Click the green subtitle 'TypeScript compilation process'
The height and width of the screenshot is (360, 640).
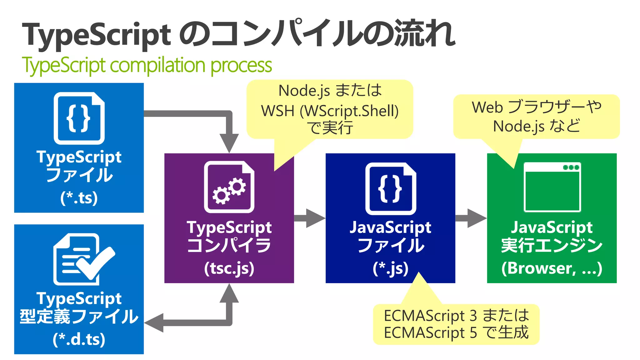(x=147, y=65)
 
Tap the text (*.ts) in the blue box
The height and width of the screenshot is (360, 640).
(x=79, y=198)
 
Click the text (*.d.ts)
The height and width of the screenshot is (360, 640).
(x=79, y=339)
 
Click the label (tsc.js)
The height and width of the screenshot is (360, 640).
(x=229, y=268)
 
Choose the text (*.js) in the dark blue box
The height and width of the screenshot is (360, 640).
(x=390, y=268)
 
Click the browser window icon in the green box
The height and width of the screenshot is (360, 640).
(x=552, y=187)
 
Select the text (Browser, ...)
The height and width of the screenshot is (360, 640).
(x=552, y=268)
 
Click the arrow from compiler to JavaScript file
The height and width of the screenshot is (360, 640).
(x=309, y=218)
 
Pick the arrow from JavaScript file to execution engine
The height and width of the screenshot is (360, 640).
(x=471, y=218)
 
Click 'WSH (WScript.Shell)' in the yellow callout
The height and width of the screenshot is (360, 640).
(x=330, y=111)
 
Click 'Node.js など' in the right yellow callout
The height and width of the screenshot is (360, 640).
(x=536, y=126)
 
